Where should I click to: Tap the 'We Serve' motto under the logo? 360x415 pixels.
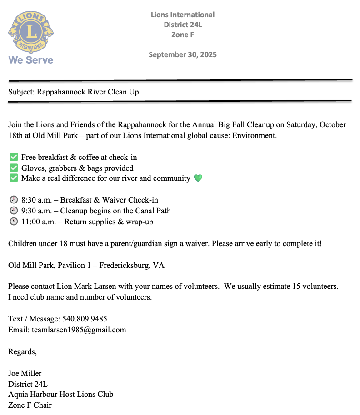pyautogui.click(x=31, y=60)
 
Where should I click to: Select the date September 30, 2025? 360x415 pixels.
pyautogui.click(x=183, y=55)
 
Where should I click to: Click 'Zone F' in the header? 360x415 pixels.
pyautogui.click(x=183, y=35)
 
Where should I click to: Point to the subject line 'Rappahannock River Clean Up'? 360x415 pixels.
pyautogui.click(x=88, y=92)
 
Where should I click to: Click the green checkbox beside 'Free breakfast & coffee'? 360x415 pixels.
pyautogui.click(x=13, y=158)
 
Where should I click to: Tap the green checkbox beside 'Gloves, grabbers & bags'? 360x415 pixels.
pyautogui.click(x=13, y=168)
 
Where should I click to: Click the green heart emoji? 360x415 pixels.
pyautogui.click(x=198, y=178)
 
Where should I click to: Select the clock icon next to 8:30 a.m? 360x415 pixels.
pyautogui.click(x=13, y=200)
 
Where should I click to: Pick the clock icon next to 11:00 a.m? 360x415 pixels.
pyautogui.click(x=13, y=222)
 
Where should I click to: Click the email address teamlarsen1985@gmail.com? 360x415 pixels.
pyautogui.click(x=79, y=330)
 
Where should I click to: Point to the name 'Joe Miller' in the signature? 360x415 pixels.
pyautogui.click(x=25, y=374)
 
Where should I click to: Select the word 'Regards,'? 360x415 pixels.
pyautogui.click(x=22, y=351)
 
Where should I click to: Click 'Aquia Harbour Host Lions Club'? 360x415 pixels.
pyautogui.click(x=60, y=395)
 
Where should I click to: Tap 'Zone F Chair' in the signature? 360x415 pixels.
pyautogui.click(x=30, y=405)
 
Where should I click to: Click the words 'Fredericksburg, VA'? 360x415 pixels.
pyautogui.click(x=132, y=265)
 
